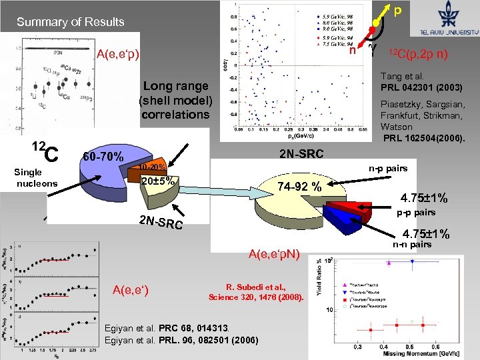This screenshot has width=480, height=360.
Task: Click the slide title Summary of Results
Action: pos(71,22)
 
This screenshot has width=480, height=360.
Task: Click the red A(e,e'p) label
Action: pos(118,54)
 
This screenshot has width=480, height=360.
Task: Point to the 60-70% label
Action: pos(103,157)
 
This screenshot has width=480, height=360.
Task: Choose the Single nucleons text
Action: pos(37,178)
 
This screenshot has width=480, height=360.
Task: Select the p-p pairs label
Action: pos(416,213)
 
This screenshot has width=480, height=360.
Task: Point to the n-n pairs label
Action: pos(411,245)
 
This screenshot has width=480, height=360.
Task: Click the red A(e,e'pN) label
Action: pos(274,253)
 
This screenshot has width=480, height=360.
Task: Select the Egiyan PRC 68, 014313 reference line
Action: pos(168,328)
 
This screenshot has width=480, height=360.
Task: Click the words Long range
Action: pos(175,87)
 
